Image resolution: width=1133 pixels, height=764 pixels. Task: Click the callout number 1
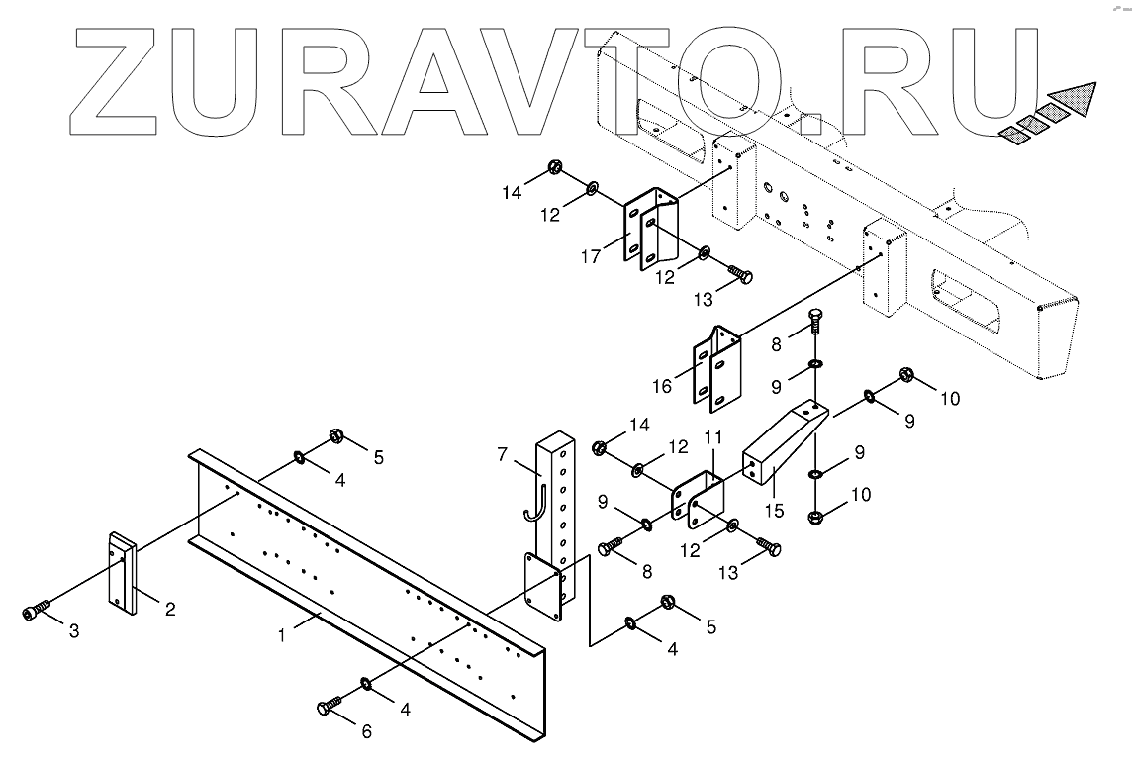point(283,635)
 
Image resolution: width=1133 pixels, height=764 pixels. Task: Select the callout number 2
point(170,609)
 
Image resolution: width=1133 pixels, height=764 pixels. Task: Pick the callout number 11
point(713,437)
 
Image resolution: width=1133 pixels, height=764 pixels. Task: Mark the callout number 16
point(663,385)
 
